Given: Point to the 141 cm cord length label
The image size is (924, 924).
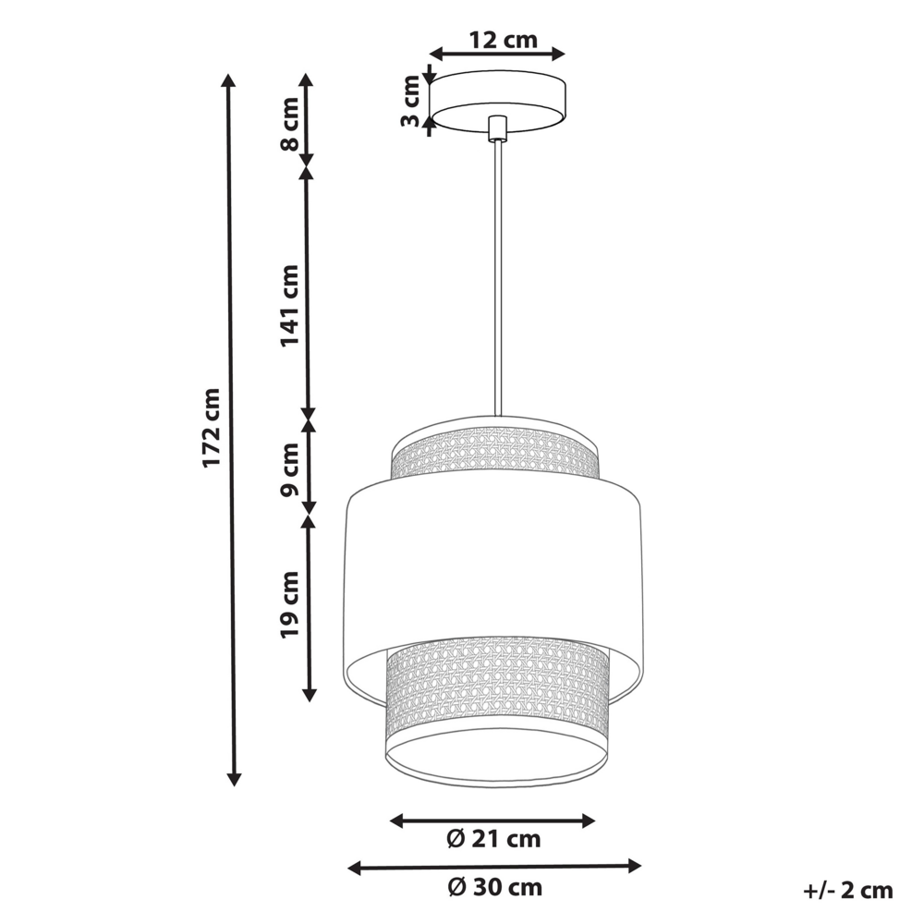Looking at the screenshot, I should pyautogui.click(x=290, y=306).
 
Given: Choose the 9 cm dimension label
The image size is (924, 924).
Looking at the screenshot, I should pyautogui.click(x=290, y=470).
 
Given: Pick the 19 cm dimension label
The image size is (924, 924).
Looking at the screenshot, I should pyautogui.click(x=290, y=605).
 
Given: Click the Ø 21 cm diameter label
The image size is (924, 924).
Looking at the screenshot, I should pyautogui.click(x=492, y=840).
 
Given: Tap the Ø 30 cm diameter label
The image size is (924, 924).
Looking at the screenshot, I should pyautogui.click(x=494, y=888).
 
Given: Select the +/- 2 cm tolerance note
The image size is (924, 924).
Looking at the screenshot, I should pyautogui.click(x=847, y=891).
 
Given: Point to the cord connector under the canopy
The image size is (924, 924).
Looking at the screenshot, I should pyautogui.click(x=497, y=128).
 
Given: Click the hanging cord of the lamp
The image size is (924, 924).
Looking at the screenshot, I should pyautogui.click(x=498, y=277).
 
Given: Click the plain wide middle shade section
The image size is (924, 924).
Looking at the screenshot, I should pyautogui.click(x=493, y=564).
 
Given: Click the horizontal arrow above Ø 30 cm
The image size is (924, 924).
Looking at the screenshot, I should pyautogui.click(x=494, y=866).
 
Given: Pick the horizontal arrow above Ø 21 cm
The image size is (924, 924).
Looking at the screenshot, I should pyautogui.click(x=492, y=820).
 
